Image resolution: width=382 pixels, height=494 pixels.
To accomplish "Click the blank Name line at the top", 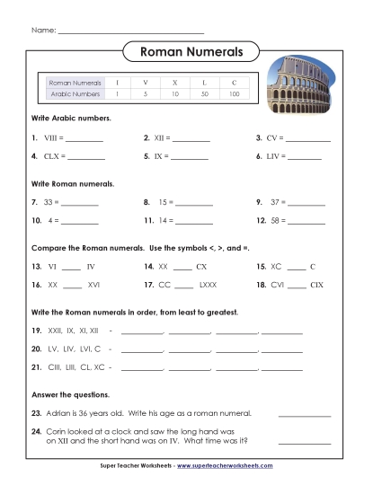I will click(130, 32).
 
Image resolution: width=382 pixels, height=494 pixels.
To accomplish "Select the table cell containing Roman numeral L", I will click(204, 82).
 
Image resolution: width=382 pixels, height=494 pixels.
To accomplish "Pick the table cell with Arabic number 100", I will click(234, 93).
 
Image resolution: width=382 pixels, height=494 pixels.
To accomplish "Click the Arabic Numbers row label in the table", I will click(75, 93).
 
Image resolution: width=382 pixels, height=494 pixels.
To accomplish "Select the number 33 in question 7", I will click(49, 203).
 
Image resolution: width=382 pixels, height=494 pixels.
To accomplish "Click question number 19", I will click(37, 331).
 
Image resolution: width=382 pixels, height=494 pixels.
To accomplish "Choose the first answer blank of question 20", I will click(142, 350).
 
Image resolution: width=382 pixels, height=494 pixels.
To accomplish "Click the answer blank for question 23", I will click(305, 416).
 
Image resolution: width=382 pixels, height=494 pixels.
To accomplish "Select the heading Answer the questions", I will click(70, 394).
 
